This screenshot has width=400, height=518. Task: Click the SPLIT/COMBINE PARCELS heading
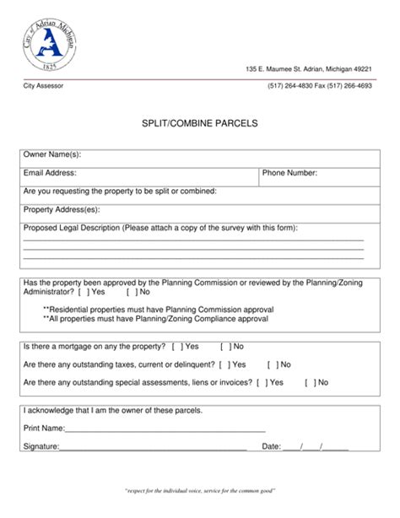pos(200,123)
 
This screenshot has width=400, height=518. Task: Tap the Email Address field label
pos(51,174)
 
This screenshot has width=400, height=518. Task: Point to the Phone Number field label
pos(289,174)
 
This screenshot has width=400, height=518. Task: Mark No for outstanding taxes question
pos(272,364)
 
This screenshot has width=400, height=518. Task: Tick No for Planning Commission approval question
pos(130,292)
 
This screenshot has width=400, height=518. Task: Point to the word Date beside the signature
pos(272,445)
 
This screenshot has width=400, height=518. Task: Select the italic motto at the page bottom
pos(200,489)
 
